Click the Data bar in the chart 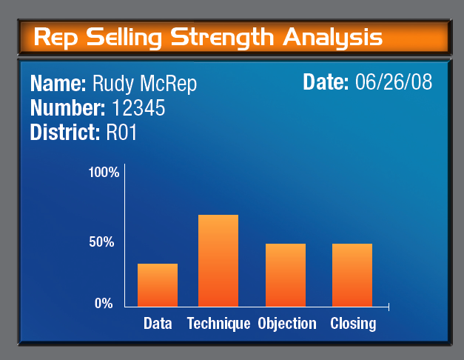158,285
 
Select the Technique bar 218,261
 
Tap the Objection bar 286,275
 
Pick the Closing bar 352,275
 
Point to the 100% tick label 104,173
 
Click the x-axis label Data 158,324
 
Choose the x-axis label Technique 219,324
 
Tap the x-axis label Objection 287,324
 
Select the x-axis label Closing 353,324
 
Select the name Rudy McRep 144,83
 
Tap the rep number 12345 138,108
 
